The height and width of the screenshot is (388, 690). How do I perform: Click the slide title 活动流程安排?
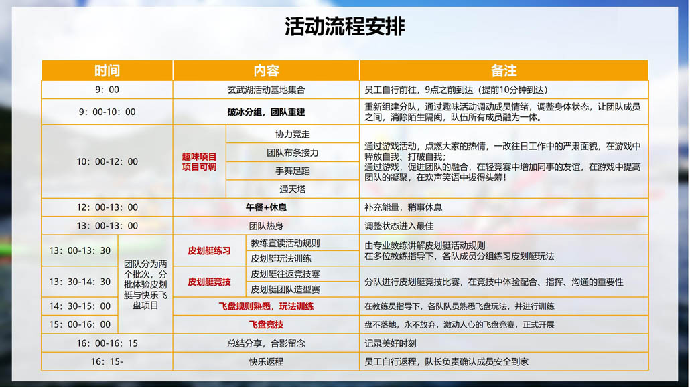344,27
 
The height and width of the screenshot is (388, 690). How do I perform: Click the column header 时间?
107,70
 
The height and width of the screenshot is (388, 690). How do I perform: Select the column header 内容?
266,70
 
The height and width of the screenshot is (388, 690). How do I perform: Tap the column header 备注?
504,70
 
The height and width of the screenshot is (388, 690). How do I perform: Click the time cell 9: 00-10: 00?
107,112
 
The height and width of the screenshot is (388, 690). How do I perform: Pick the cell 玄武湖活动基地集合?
266,90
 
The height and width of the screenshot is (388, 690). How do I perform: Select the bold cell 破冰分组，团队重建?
266,112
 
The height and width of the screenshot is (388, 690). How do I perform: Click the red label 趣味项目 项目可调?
200,162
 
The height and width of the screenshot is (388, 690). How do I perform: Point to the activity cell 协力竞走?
292,134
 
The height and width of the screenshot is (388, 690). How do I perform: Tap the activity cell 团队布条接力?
292,153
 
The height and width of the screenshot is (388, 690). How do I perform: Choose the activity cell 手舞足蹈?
292,171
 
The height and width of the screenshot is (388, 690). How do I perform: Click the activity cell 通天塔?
292,189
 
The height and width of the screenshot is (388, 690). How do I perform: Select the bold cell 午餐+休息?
266,207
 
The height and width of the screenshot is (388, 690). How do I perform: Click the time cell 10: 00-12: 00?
107,162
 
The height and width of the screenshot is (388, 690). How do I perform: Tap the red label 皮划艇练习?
209,251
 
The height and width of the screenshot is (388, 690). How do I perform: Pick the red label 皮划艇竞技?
209,282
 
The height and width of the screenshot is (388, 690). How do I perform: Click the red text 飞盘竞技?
266,324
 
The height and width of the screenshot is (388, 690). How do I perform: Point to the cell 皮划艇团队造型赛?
285,290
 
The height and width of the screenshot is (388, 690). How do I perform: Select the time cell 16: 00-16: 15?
107,343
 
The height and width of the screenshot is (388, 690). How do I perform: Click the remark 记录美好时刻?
391,343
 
